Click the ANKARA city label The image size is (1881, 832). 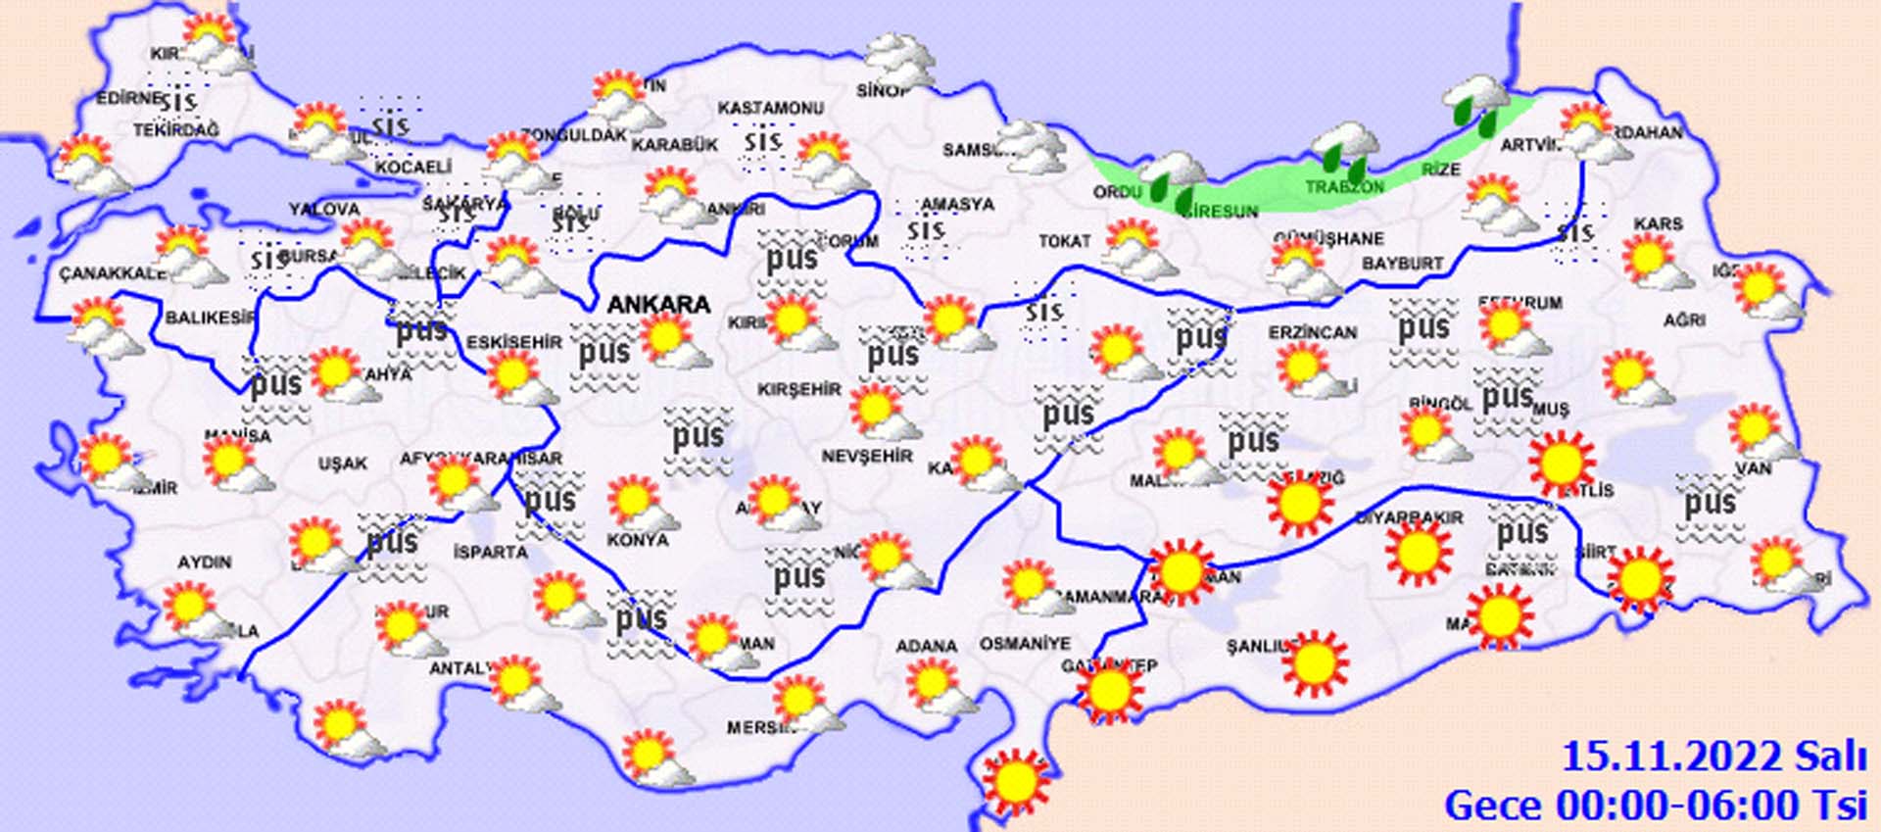[x=658, y=305]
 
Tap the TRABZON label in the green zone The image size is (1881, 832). [x=1344, y=187]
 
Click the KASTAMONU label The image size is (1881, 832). [x=770, y=108]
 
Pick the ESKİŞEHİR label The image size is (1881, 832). [x=514, y=342]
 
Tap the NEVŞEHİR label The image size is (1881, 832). [x=867, y=457]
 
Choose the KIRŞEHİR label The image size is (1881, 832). [x=799, y=389]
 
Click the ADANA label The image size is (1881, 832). [x=926, y=646]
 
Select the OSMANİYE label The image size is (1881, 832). [x=1025, y=644]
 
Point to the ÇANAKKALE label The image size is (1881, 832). [x=113, y=273]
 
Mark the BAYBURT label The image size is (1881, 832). [x=1402, y=264]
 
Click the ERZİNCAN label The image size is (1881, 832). [x=1313, y=333]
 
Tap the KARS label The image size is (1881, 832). [x=1658, y=224]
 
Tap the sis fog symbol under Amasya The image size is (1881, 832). [x=926, y=231]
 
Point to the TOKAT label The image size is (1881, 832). [x=1064, y=241]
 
